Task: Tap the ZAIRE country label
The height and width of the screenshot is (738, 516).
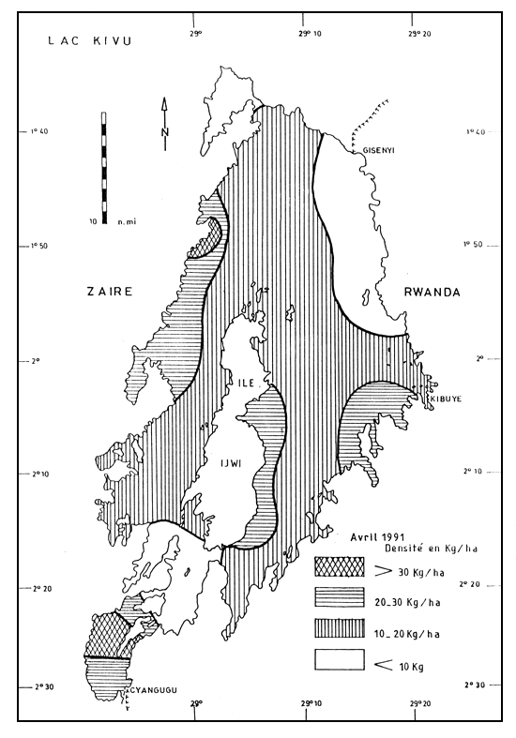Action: pos(104,293)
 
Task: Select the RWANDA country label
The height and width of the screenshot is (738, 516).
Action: pos(433,293)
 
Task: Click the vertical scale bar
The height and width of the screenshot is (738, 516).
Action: pos(102,168)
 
